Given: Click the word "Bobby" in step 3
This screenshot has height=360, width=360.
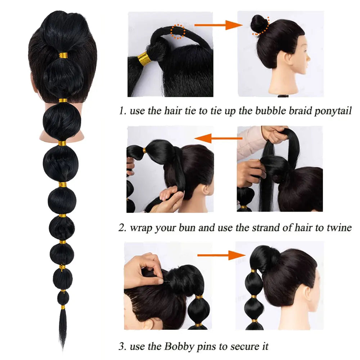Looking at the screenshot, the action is [x=179, y=346].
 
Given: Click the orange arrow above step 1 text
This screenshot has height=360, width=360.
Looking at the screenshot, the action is [x=219, y=25].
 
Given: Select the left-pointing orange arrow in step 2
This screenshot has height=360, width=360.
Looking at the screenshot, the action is [x=219, y=138].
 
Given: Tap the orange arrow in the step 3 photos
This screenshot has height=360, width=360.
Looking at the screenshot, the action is [x=221, y=255].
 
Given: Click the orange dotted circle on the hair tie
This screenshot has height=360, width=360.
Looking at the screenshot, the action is [x=178, y=31].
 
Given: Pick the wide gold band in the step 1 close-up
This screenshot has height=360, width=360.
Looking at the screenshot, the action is [x=144, y=59].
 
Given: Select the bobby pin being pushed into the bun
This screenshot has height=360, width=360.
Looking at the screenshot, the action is [x=166, y=281].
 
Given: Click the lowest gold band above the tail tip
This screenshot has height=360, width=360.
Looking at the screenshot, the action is [x=63, y=307].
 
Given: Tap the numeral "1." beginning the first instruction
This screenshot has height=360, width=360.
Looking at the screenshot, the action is [x=123, y=111].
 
